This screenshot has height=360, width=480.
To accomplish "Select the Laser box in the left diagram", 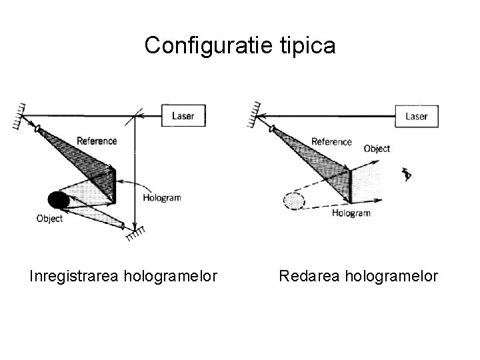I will click(184, 116).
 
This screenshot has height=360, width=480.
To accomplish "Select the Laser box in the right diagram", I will click(416, 116).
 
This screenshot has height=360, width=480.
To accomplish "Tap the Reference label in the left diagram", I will click(97, 141).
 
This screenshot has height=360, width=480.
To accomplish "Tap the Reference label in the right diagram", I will click(331, 141).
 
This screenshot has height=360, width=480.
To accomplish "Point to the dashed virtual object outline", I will click(293, 199).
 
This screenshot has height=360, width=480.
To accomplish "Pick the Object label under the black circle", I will click(50, 218).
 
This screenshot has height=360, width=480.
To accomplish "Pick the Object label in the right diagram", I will click(377, 149).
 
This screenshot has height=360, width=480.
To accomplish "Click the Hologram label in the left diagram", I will click(162, 198).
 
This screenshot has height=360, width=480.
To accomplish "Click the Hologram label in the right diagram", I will click(351, 213).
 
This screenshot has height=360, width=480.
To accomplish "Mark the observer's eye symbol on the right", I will click(407, 174).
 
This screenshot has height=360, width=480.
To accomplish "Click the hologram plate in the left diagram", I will click(114, 186).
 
